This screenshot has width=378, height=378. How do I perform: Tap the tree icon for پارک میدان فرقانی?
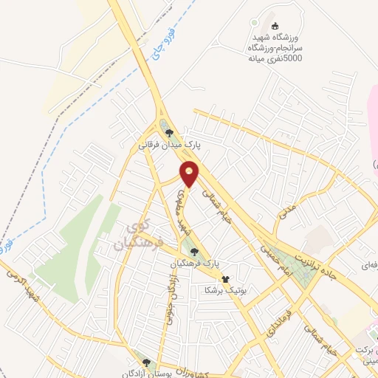(x=171, y=133)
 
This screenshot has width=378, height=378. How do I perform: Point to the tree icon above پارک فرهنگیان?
(x=194, y=252)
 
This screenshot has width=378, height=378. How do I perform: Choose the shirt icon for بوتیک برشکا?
(x=226, y=279)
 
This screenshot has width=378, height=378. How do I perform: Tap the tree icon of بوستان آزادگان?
(x=146, y=362)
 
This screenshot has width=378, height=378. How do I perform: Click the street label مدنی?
(x=286, y=213)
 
